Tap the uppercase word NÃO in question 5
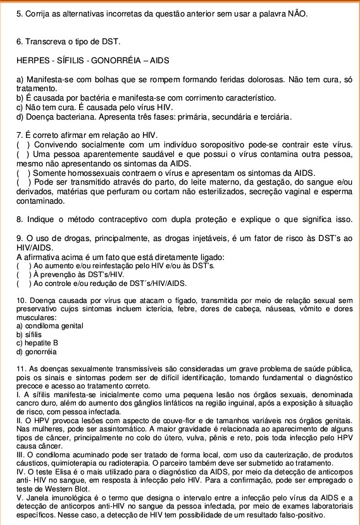[297, 13]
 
